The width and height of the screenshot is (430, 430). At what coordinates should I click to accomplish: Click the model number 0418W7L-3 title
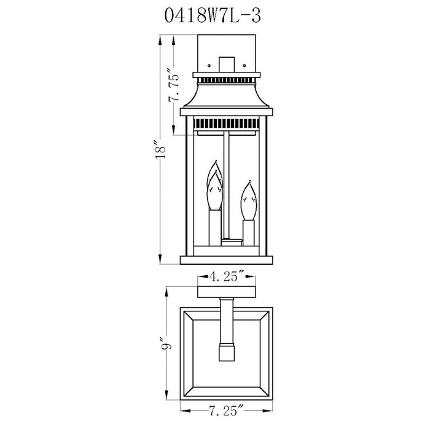tap(213, 15)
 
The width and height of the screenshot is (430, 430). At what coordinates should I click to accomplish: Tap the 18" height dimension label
tap(160, 150)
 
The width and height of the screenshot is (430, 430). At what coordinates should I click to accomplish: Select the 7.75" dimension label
tap(174, 88)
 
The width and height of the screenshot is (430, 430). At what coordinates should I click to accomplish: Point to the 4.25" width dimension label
tap(227, 276)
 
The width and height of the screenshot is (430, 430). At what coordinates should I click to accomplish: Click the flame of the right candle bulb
tap(249, 200)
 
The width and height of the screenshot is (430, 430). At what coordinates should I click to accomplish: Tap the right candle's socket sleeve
tap(248, 233)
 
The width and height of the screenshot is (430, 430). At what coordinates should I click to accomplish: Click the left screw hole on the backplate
tap(209, 66)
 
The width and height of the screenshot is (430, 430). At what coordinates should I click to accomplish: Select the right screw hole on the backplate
tap(244, 66)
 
